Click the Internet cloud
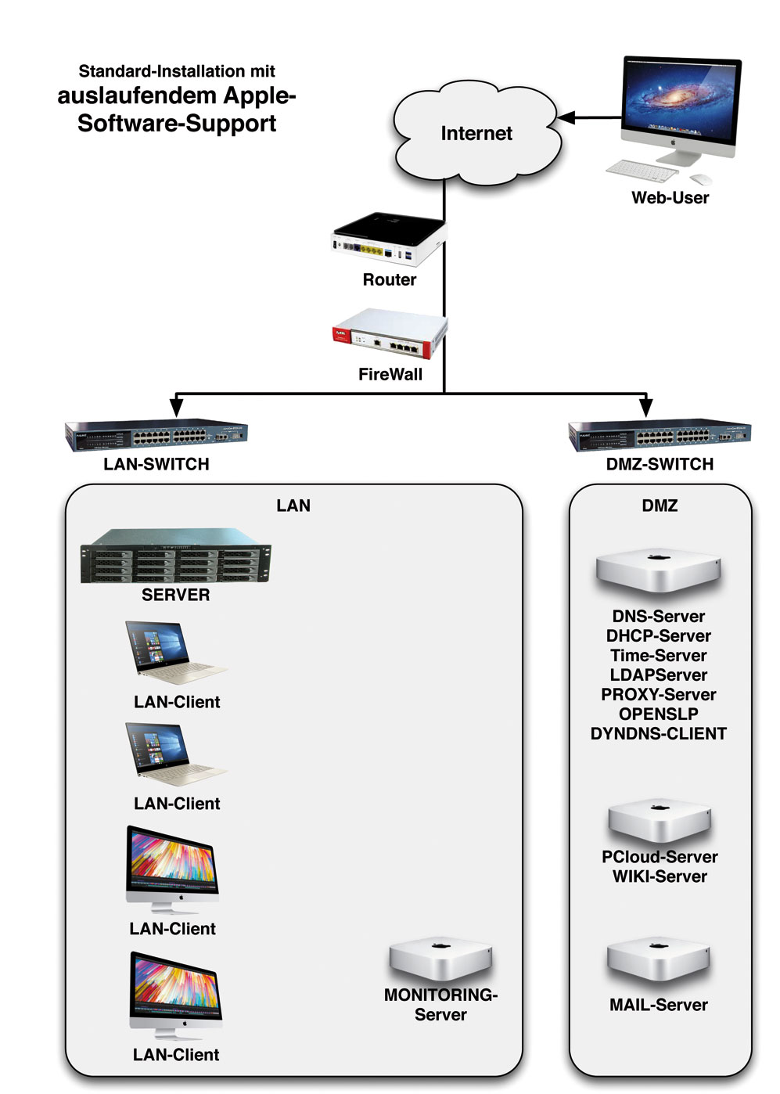pos(476,135)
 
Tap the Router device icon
pos(389,239)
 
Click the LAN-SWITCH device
pos(156,434)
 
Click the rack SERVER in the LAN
pos(176,556)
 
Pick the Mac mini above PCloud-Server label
pos(660,822)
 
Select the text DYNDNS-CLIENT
pos(659,734)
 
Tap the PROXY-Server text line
pos(659,695)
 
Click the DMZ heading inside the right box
pos(660,506)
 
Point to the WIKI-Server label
pos(660,877)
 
